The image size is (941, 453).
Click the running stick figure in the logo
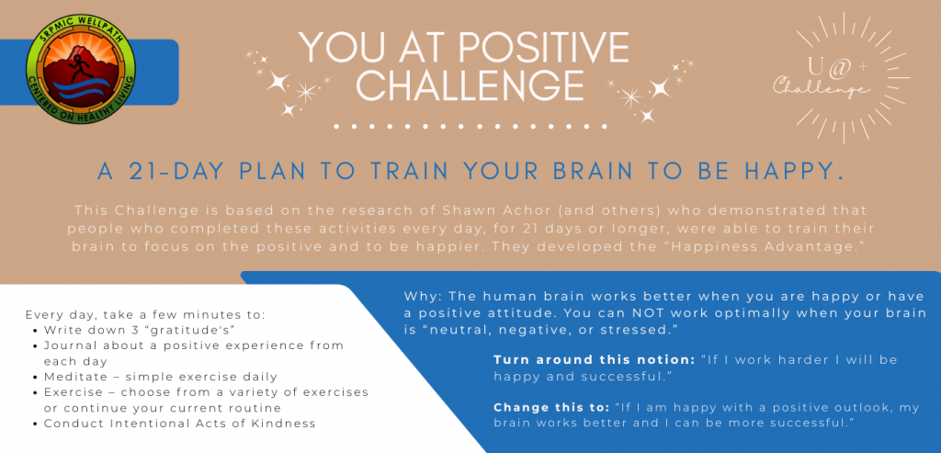[79, 68]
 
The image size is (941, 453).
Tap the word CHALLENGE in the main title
[470, 85]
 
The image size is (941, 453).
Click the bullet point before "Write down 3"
[37, 330]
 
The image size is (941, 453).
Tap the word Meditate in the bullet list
[68, 377]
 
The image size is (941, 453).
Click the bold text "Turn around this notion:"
[595, 360]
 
